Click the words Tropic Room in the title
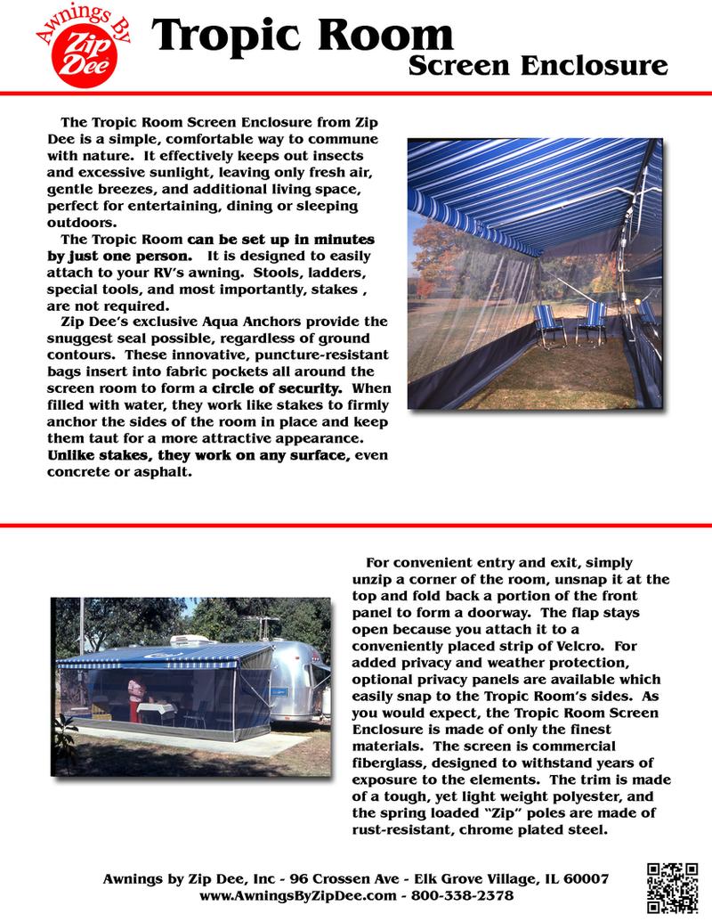[303, 37]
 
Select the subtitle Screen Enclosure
[538, 66]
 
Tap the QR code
[672, 888]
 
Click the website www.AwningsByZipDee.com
[297, 894]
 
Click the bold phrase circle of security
[277, 388]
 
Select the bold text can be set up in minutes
[280, 240]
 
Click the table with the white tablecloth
[158, 711]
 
